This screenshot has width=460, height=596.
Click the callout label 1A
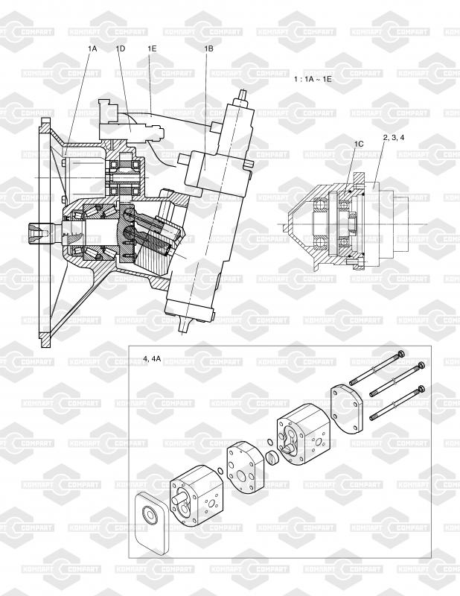click(x=92, y=48)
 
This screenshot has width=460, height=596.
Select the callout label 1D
click(x=121, y=48)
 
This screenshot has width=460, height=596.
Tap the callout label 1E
click(x=152, y=48)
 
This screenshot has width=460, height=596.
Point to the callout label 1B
click(x=208, y=48)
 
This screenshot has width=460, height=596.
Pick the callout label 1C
click(x=359, y=144)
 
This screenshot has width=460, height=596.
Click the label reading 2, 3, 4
click(x=394, y=138)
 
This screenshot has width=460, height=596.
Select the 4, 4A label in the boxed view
click(x=152, y=358)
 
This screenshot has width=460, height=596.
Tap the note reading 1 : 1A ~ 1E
click(x=313, y=79)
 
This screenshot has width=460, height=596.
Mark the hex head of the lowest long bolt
click(x=421, y=389)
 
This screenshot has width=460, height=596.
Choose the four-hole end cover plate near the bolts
click(x=347, y=409)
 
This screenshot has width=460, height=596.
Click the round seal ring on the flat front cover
click(x=150, y=515)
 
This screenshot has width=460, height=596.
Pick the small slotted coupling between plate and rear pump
click(x=272, y=456)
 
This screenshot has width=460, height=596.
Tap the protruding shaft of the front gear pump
click(x=179, y=498)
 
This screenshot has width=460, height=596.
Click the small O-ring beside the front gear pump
click(x=220, y=471)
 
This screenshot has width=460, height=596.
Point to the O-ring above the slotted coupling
click(x=269, y=442)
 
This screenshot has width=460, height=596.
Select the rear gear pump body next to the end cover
click(x=304, y=434)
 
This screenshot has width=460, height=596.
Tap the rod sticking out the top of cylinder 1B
click(x=243, y=96)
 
